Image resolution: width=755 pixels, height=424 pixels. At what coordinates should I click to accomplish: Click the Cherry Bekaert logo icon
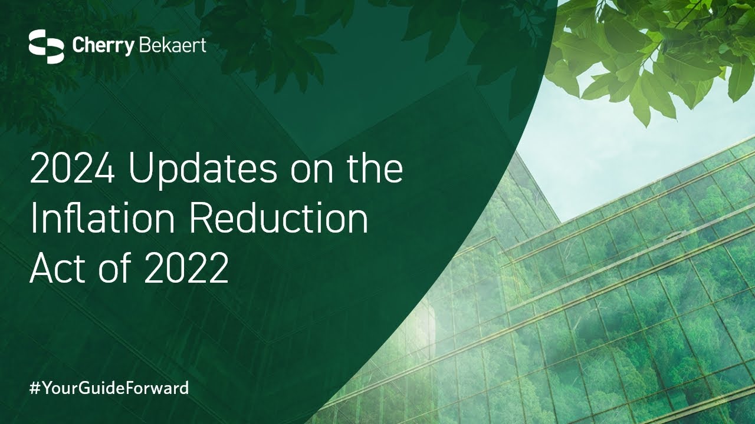pyautogui.click(x=46, y=47)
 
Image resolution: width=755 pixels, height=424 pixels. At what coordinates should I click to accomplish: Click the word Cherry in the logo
pyautogui.click(x=103, y=47)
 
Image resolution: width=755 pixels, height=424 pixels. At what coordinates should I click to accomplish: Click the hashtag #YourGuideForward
pyautogui.click(x=109, y=388)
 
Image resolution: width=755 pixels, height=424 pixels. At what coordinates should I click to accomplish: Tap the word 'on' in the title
pyautogui.click(x=312, y=173)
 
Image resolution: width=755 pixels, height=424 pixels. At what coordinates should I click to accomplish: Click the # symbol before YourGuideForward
pyautogui.click(x=35, y=388)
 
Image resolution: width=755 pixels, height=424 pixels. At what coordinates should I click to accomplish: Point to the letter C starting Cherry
pyautogui.click(x=78, y=45)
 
